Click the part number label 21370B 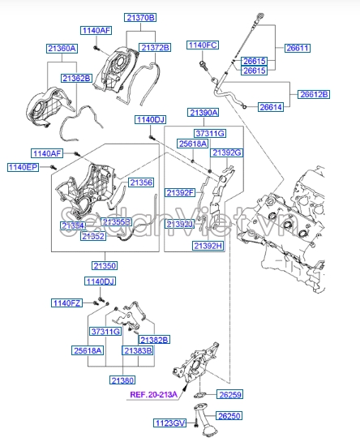pyautogui.click(x=140, y=17)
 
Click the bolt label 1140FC pyautogui.click(x=203, y=45)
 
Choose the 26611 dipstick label pyautogui.click(x=298, y=48)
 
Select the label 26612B pyautogui.click(x=314, y=94)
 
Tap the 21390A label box pyautogui.click(x=203, y=113)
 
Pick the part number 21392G pyautogui.click(x=227, y=152)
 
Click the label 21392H pyautogui.click(x=208, y=245)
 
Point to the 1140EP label pyautogui.click(x=23, y=167)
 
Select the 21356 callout pyautogui.click(x=141, y=183)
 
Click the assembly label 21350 pyautogui.click(x=104, y=265)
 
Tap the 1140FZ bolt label pyautogui.click(x=67, y=303)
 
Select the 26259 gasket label pyautogui.click(x=229, y=395)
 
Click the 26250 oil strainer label pyautogui.click(x=229, y=415)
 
